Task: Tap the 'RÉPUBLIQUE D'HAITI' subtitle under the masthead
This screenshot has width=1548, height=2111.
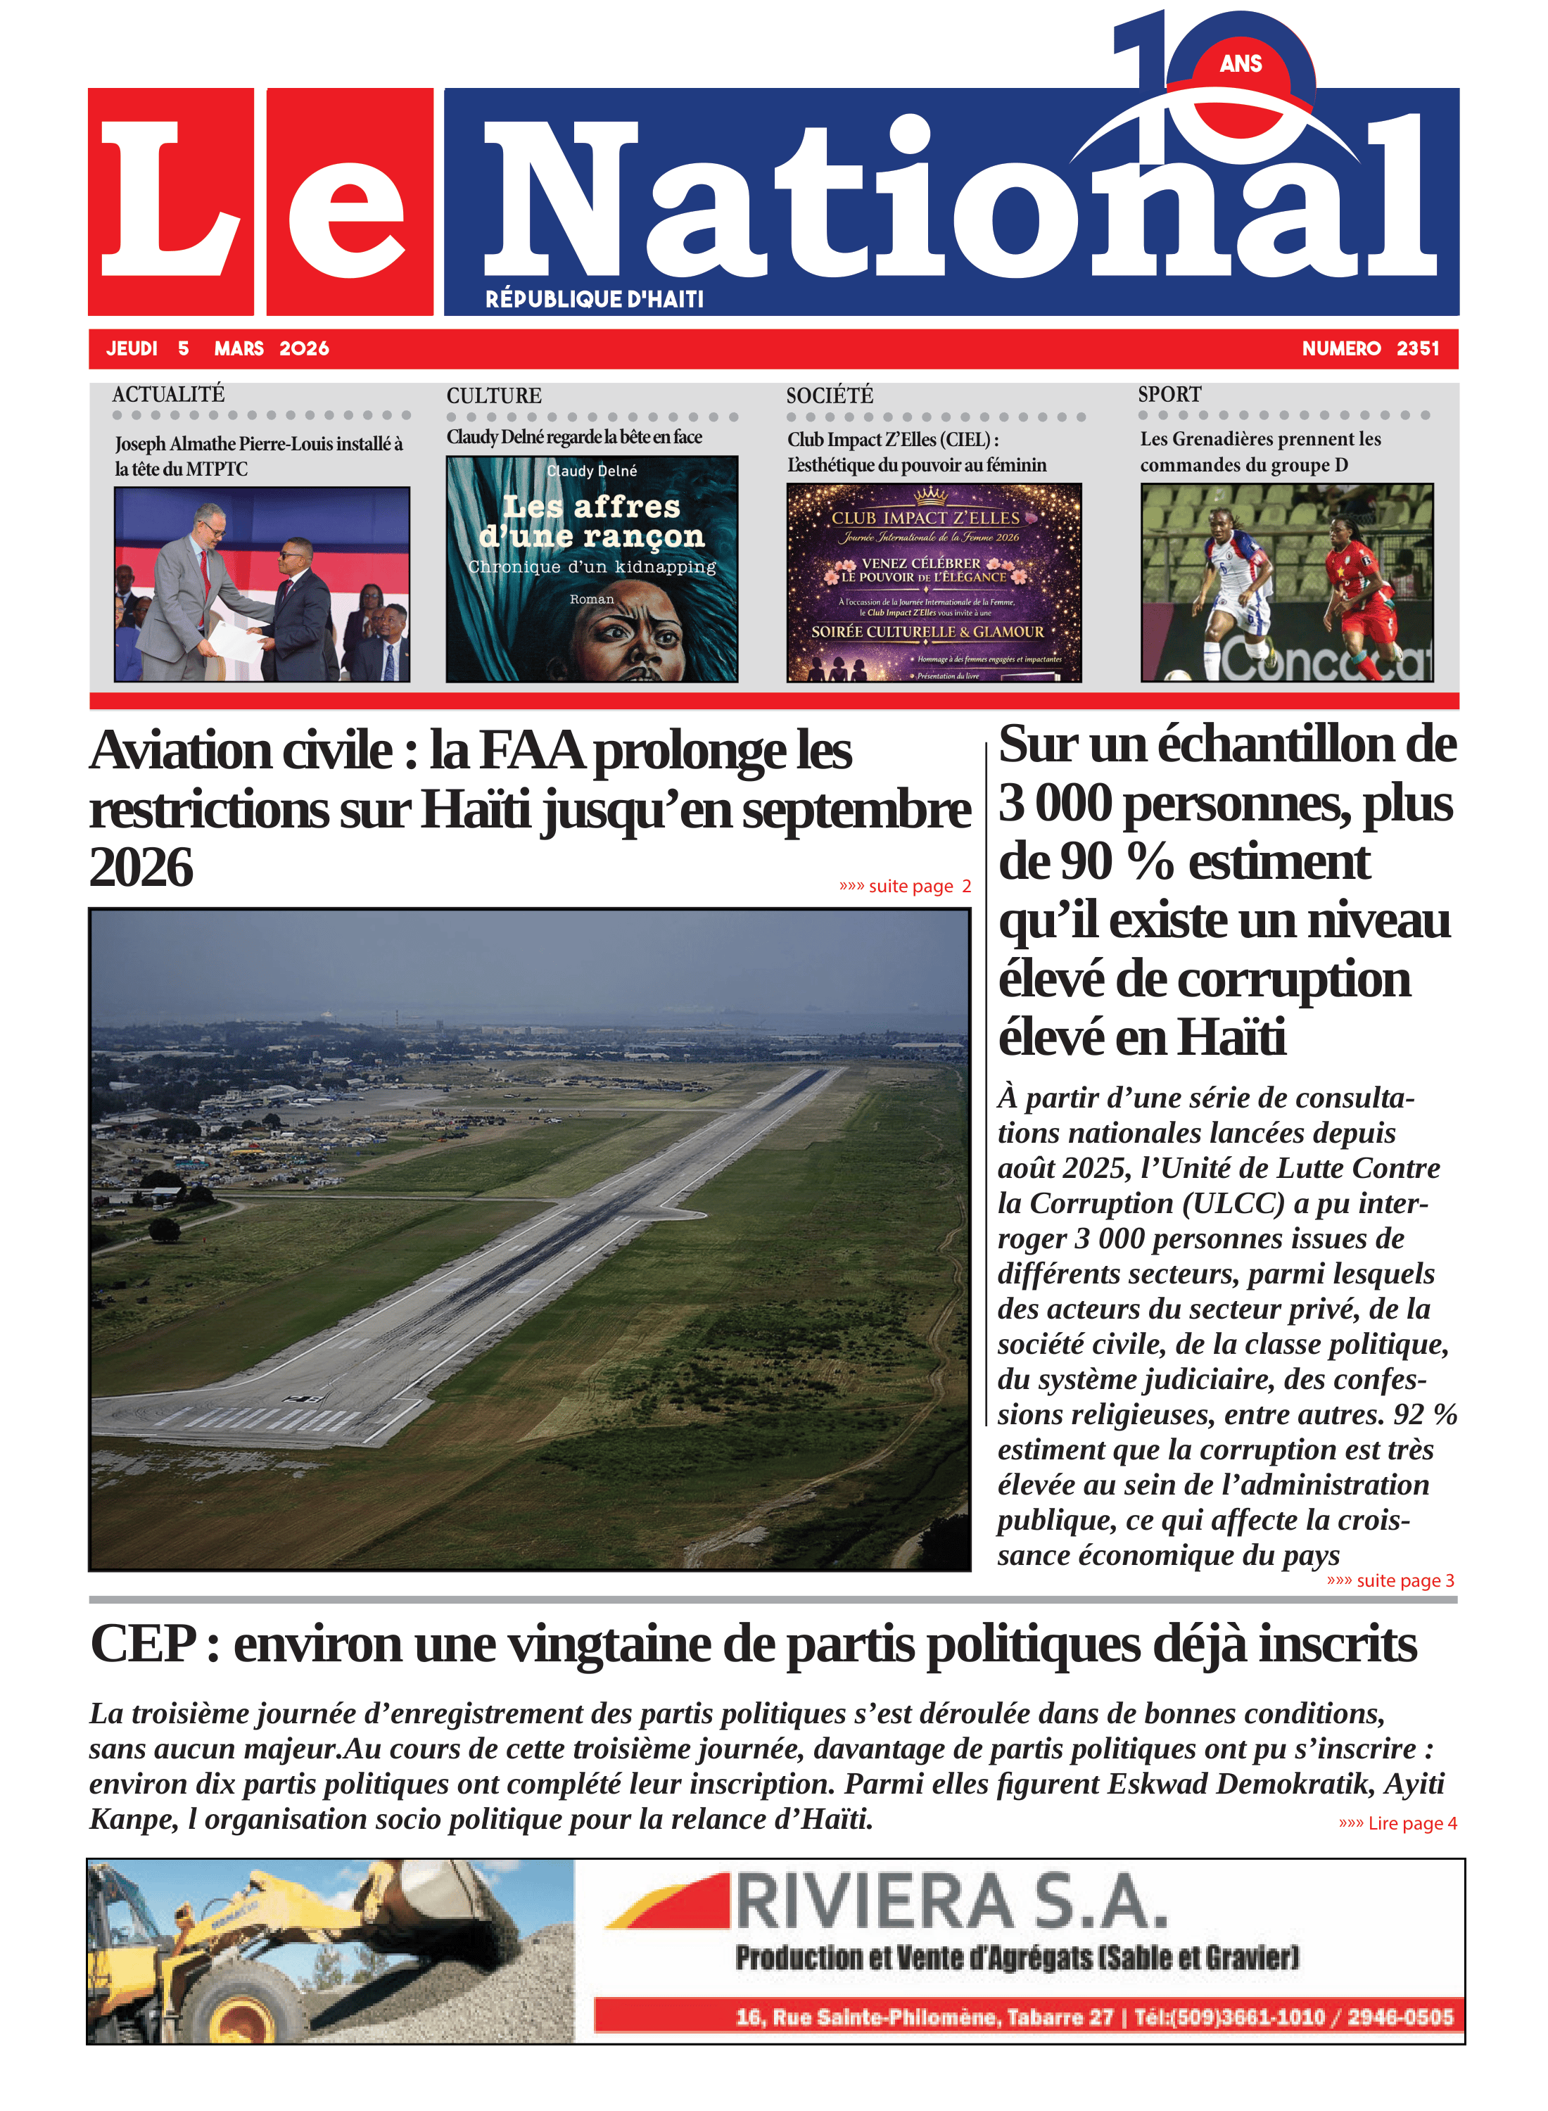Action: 594,299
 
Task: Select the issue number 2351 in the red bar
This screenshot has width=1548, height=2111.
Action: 1417,348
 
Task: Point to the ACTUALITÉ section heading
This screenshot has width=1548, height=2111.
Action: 169,395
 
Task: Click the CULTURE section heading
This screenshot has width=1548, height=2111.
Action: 494,395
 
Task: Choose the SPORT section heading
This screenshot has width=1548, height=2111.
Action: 1169,395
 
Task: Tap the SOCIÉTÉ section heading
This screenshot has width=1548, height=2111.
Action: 830,395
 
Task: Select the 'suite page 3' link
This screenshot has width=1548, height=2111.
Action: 1390,1580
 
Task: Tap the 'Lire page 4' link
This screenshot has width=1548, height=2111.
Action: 1397,1822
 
